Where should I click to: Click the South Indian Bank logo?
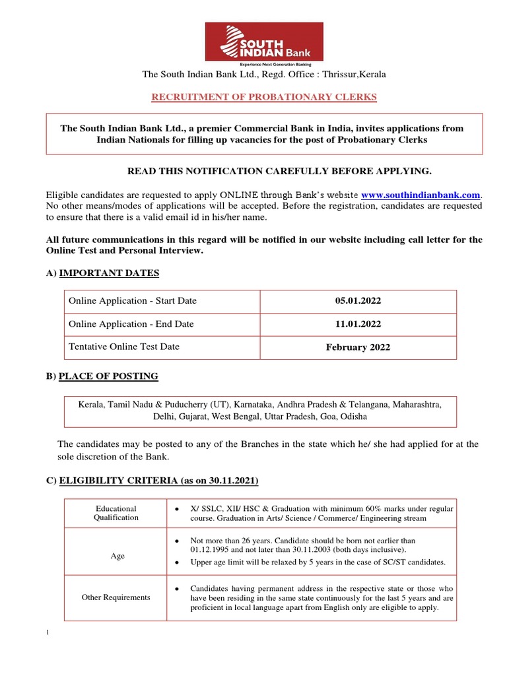coord(264,44)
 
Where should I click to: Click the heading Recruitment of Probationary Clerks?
coord(264,97)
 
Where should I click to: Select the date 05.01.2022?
coord(358,301)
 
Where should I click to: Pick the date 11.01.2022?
coord(358,324)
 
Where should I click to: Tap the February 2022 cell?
coord(358,347)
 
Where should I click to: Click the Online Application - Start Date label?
coord(133,301)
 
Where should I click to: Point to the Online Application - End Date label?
coord(131,324)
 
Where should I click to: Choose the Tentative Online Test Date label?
coord(124,347)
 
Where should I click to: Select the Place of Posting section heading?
coord(108,376)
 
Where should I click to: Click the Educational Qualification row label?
coord(116,513)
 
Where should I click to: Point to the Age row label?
coord(118,556)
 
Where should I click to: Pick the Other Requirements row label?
coord(116,597)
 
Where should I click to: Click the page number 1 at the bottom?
coord(48,634)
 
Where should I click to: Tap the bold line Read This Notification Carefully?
coord(279,172)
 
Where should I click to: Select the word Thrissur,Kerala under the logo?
coord(356,75)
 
